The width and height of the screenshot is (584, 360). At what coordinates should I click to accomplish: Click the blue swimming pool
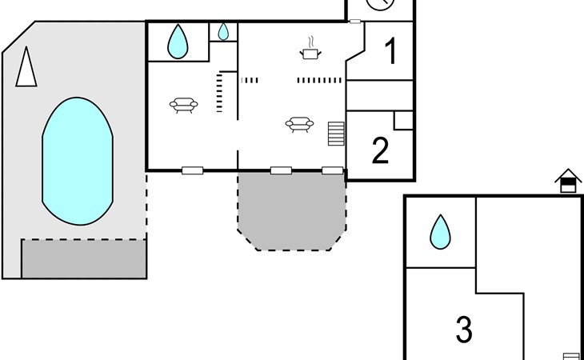point(78,161)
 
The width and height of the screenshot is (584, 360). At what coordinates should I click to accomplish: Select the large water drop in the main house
point(178,42)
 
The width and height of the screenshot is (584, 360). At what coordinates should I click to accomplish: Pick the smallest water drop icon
point(223,32)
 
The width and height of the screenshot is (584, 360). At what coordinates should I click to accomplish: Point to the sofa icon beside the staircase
point(299,125)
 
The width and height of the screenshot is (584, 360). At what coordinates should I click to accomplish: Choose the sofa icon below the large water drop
point(184,106)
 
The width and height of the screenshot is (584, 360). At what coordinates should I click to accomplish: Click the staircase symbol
point(336,134)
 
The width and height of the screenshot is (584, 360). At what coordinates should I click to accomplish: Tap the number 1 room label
point(391,52)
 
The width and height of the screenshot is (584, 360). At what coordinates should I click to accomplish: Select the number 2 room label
point(380,150)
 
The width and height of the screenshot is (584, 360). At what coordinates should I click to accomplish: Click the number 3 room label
point(465,330)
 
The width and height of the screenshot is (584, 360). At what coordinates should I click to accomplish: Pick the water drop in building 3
point(440,232)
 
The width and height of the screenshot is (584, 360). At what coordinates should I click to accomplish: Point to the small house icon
point(568,181)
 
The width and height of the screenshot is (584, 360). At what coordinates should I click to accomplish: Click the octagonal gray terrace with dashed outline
point(292,211)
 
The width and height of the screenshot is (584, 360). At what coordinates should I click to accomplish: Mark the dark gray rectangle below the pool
point(84,258)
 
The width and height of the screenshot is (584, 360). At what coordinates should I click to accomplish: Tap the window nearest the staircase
point(332,170)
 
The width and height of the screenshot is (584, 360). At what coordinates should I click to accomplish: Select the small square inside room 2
point(404,120)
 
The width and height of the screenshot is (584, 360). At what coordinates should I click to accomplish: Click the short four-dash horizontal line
point(250,80)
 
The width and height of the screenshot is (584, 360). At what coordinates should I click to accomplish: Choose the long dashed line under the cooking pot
point(319,80)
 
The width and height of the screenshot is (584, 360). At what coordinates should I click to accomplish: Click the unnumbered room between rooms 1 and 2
point(380,95)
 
